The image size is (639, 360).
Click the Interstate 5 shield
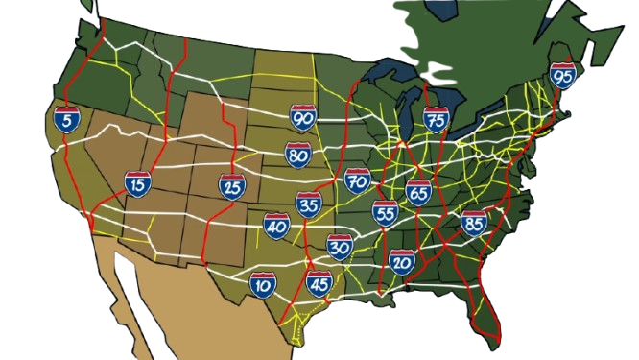67,120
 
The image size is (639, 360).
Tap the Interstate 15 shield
137,184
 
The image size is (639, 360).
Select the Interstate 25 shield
231,187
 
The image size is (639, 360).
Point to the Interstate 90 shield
303,118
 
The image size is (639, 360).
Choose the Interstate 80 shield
297,155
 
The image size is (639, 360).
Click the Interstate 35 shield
308,204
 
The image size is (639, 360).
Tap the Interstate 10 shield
262,284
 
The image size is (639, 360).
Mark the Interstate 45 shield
319,284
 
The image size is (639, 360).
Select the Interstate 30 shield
340,247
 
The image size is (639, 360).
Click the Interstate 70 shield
358,180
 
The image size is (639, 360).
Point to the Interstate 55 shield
386,213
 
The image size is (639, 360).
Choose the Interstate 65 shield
418,192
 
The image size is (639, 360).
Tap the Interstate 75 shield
437,119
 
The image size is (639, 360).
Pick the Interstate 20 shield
402,260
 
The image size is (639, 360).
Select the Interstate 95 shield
563,75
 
